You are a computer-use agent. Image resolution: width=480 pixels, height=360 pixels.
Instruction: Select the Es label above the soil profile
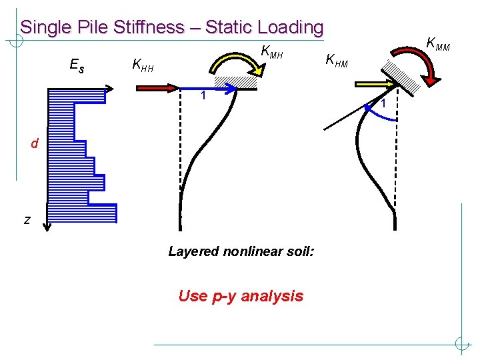point(77,65)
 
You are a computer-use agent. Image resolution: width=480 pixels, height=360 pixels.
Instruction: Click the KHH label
point(143,65)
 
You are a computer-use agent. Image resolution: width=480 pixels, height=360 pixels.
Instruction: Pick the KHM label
point(337,62)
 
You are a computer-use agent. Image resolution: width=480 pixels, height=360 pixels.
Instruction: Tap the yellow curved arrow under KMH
point(233,64)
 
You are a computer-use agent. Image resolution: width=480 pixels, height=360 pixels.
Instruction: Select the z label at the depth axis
point(27,219)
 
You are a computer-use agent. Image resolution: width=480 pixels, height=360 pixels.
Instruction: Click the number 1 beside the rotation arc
point(385,103)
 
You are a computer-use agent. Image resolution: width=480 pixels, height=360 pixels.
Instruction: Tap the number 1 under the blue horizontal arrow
point(204,96)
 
